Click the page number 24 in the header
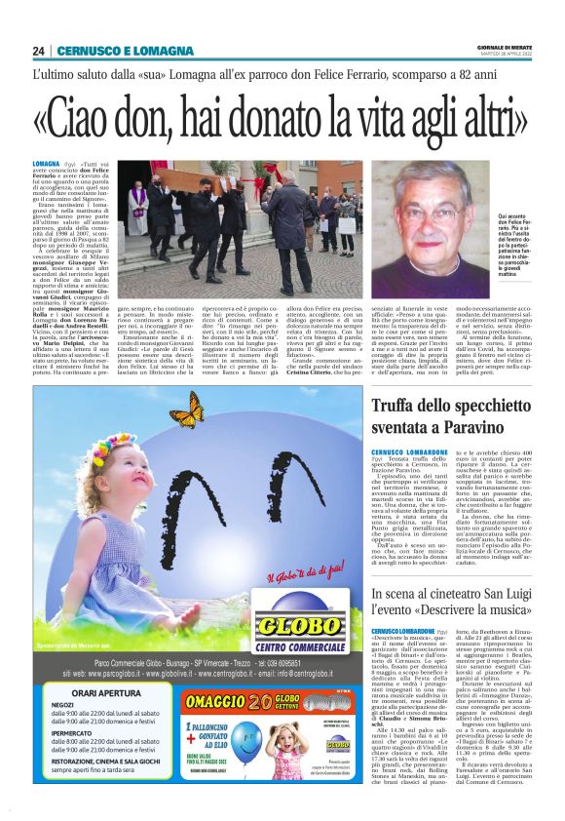click(x=39, y=51)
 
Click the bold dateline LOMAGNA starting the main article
click(x=45, y=167)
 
